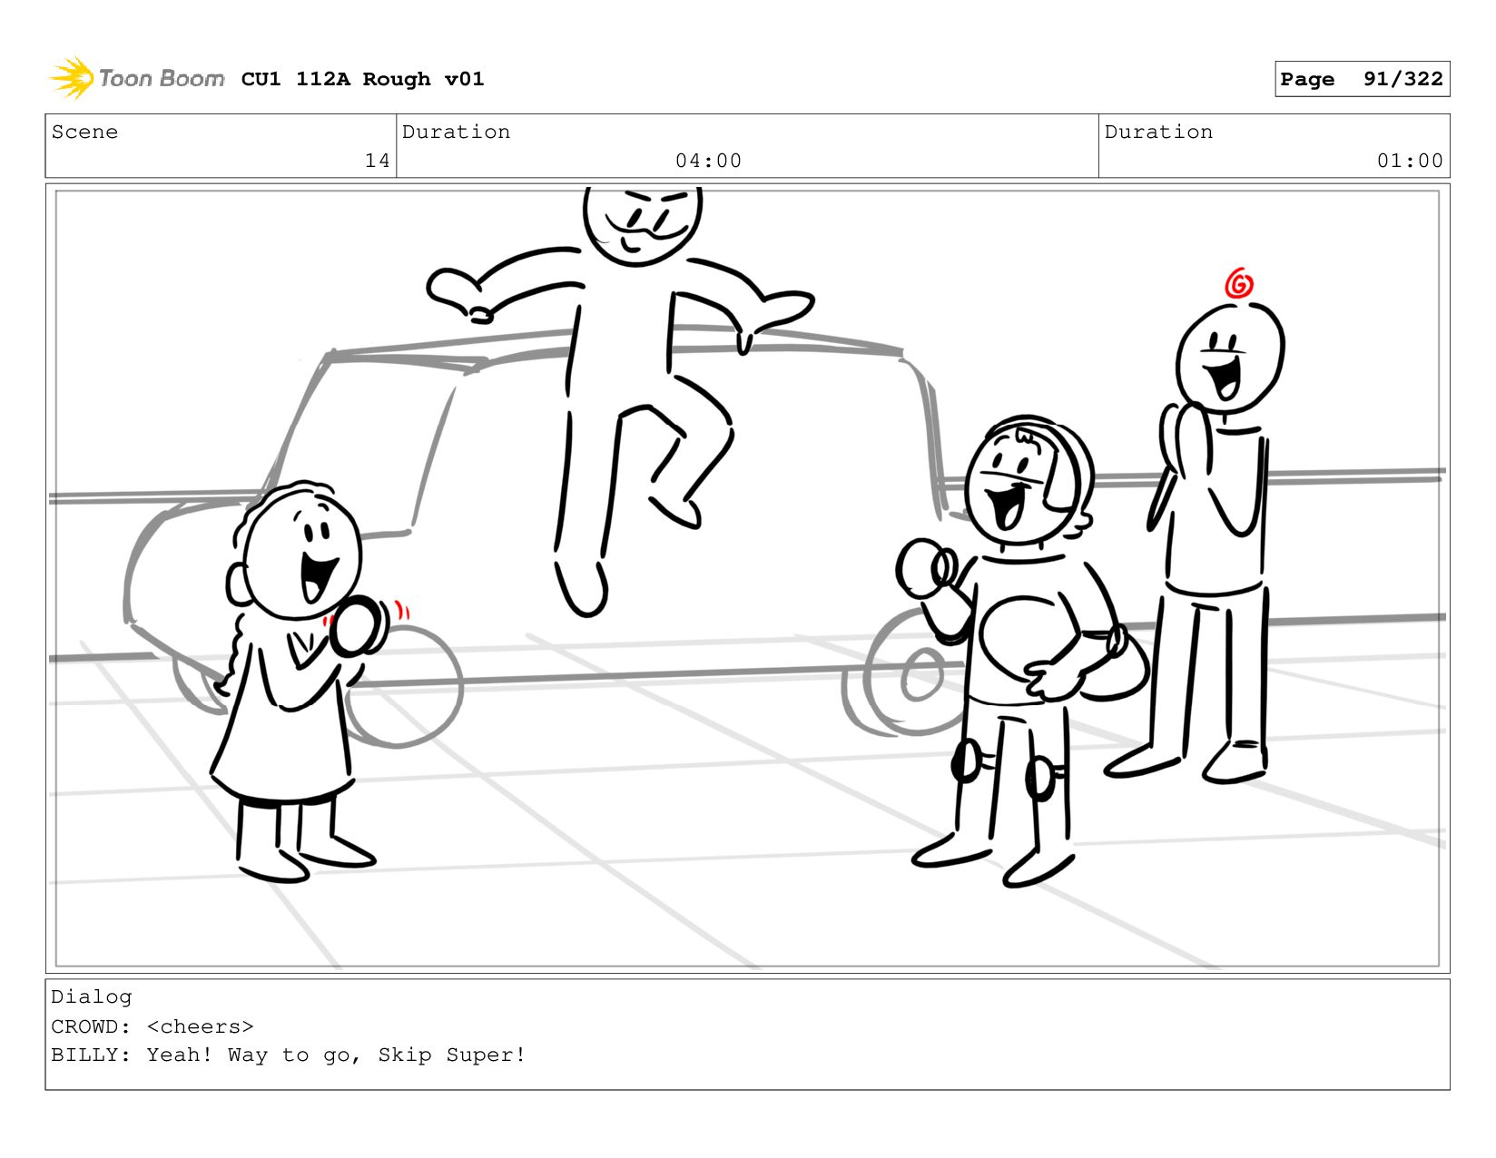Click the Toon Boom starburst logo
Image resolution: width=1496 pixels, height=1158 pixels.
pyautogui.click(x=72, y=78)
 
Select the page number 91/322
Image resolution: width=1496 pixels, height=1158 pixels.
pyautogui.click(x=1402, y=79)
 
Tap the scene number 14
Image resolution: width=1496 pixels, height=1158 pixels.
pyautogui.click(x=378, y=161)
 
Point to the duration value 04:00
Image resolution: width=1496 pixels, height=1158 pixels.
pyautogui.click(x=708, y=161)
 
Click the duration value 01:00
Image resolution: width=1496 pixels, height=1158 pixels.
pyautogui.click(x=1409, y=161)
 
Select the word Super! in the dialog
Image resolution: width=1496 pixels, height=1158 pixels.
pyautogui.click(x=486, y=1055)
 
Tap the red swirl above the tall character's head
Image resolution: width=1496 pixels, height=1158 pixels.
pyautogui.click(x=1238, y=283)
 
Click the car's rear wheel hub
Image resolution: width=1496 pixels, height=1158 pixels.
pyautogui.click(x=921, y=675)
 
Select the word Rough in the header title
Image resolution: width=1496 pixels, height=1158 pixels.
pyautogui.click(x=397, y=79)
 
